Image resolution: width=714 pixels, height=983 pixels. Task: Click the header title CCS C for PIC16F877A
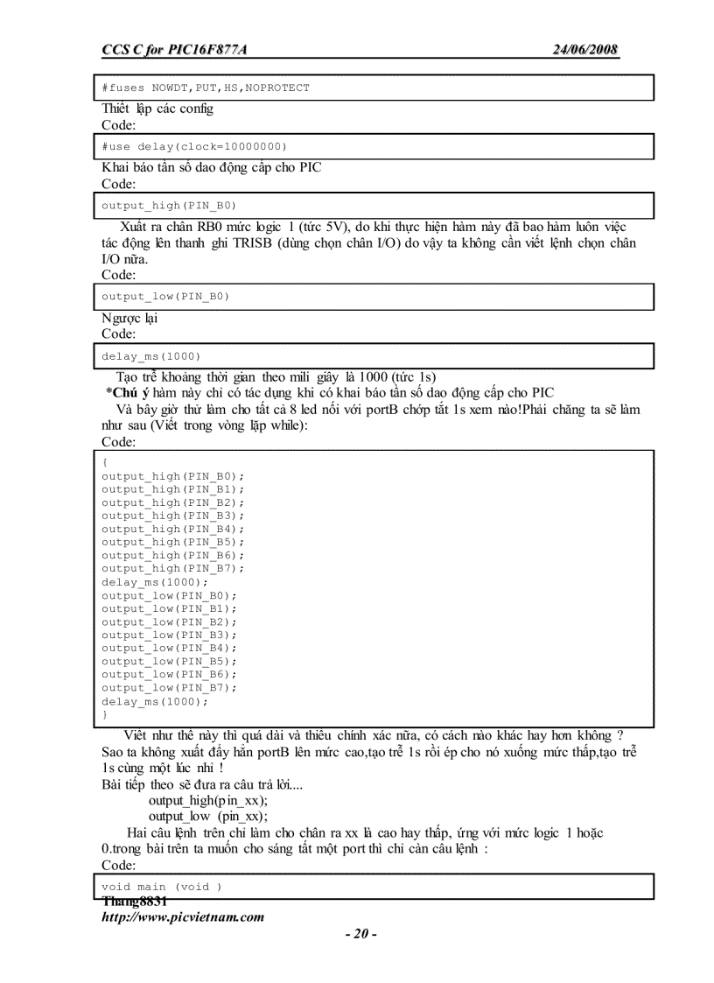coord(174,50)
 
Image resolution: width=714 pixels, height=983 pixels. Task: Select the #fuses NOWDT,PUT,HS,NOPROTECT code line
coord(205,88)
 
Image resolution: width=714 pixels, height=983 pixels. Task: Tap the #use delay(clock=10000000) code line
coord(193,146)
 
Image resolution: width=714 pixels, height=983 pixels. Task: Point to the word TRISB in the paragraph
coord(254,243)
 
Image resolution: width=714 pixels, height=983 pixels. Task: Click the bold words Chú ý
coord(132,392)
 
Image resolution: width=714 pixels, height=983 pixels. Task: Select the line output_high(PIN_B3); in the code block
coord(172,516)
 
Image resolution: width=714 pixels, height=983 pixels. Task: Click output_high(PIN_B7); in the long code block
coord(172,568)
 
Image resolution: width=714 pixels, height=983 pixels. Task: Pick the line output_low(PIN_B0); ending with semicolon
coord(169,595)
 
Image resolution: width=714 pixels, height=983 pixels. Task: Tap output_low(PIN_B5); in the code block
coord(169,661)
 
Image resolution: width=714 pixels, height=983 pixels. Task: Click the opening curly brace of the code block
coord(105,462)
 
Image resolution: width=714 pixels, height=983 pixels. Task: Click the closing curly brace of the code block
coord(105,714)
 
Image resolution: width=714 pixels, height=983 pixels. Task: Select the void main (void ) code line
coord(162,886)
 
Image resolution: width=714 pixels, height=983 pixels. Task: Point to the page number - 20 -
coord(360,934)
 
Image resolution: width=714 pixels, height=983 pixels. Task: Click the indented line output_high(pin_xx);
coord(208,800)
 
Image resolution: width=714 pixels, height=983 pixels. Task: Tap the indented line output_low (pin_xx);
coord(208,816)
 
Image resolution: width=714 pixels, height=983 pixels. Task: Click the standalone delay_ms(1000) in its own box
coord(150,355)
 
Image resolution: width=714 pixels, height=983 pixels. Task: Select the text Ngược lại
coord(129,318)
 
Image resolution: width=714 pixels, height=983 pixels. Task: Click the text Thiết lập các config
coord(157,109)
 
